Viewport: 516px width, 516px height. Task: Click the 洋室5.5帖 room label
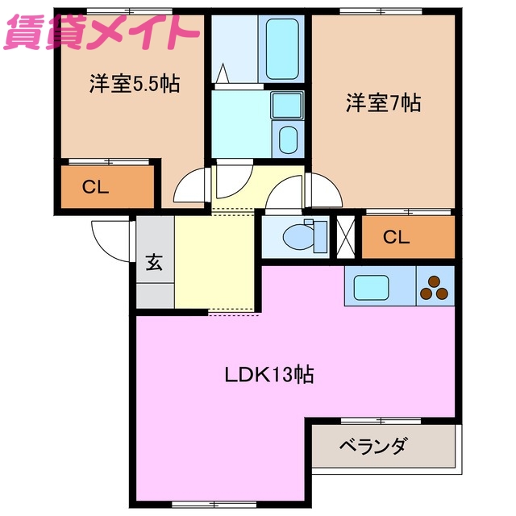click(x=134, y=83)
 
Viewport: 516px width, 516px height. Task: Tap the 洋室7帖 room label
click(x=383, y=103)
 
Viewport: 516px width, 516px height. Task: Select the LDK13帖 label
click(x=268, y=375)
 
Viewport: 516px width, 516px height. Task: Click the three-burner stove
click(x=435, y=288)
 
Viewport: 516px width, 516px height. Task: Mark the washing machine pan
click(x=285, y=139)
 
